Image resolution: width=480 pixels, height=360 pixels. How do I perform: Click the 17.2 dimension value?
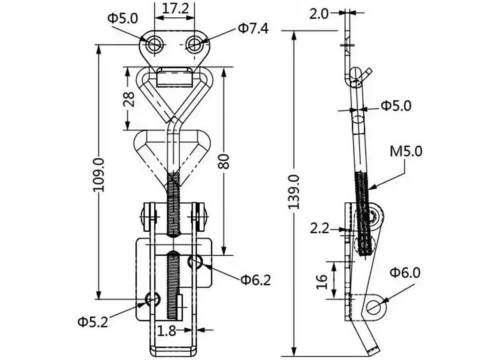pyautogui.click(x=175, y=9)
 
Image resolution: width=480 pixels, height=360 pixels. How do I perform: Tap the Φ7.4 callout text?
pyautogui.click(x=253, y=29)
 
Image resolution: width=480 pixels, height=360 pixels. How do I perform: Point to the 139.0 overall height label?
pyautogui.click(x=294, y=192)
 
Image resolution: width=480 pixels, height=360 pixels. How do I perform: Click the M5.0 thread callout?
pyautogui.click(x=406, y=151)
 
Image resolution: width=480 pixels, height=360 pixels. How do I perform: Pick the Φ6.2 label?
pyautogui.click(x=256, y=280)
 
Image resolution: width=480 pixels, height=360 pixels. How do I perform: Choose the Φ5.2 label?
pyautogui.click(x=92, y=322)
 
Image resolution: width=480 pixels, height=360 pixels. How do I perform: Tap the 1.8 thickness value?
pyautogui.click(x=166, y=331)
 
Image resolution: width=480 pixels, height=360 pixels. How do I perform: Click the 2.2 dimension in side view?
pyautogui.click(x=319, y=229)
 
